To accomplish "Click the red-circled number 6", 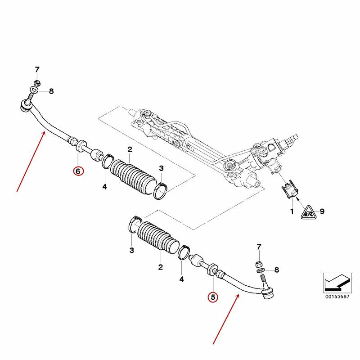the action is point(78,171).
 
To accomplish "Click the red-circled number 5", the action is point(213,297).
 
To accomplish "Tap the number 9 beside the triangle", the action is point(322,211).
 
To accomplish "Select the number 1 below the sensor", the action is point(292,211).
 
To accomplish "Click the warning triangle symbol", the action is point(309,213).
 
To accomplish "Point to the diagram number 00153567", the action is point(337,297).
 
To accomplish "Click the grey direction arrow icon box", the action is point(337,283).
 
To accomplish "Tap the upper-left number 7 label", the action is point(37,69).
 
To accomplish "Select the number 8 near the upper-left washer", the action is point(51,91).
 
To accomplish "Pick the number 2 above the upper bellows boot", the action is point(130,149).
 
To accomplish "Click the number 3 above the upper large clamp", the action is point(161,168).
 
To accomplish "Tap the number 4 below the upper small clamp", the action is point(104,187).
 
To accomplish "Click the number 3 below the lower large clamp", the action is point(131,250).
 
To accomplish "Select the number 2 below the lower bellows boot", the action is point(161,267).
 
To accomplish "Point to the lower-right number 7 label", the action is point(259,247).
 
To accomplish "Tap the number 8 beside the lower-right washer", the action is point(277,270).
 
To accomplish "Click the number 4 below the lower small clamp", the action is point(181,279).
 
